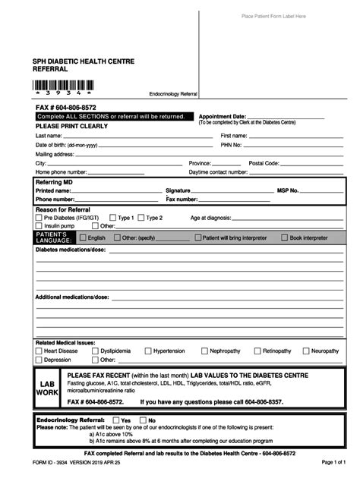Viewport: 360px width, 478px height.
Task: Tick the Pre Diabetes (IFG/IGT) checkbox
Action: coord(39,217)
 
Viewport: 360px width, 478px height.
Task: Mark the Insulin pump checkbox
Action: coord(39,225)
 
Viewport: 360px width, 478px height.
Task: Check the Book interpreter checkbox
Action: coord(285,237)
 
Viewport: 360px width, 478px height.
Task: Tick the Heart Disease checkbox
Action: coord(39,351)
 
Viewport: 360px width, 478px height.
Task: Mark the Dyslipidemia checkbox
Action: coord(95,351)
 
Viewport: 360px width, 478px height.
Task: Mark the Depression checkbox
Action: coord(39,360)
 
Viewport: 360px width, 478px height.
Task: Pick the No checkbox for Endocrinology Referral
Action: coord(142,420)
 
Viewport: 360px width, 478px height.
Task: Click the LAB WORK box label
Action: coord(48,388)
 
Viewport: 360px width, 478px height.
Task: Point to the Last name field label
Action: coord(49,134)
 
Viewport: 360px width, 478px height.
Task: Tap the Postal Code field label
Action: coord(264,163)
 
